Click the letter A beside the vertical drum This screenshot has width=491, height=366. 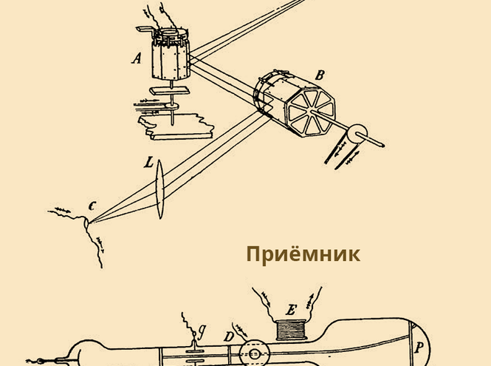click(x=137, y=58)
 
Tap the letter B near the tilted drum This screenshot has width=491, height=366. click(x=320, y=75)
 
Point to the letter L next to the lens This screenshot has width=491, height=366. click(x=149, y=163)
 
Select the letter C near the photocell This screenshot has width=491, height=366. click(x=92, y=206)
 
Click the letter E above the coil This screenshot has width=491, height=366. click(x=291, y=310)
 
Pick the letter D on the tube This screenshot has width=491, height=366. click(x=229, y=337)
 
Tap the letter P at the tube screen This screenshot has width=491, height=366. click(x=419, y=348)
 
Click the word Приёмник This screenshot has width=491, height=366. click(x=303, y=254)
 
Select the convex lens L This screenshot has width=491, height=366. click(x=160, y=189)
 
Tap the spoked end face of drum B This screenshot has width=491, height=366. click(x=311, y=112)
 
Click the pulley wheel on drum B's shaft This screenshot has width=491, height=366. click(x=357, y=134)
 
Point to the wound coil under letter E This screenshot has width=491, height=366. click(x=291, y=330)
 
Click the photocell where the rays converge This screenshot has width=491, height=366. click(x=86, y=223)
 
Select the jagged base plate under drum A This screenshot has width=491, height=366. click(x=176, y=126)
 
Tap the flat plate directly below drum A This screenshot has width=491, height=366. click(x=169, y=91)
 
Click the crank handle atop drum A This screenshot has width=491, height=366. click(x=145, y=30)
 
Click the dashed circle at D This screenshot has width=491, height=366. click(x=254, y=353)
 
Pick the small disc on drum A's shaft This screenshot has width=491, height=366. click(x=172, y=106)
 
